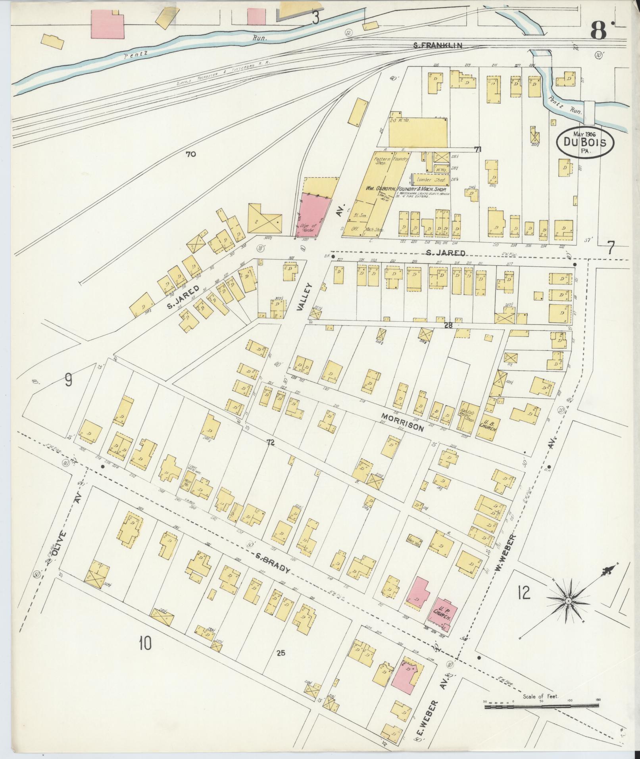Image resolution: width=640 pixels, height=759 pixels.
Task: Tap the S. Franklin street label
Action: pyautogui.click(x=437, y=46)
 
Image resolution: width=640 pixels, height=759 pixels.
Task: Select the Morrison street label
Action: pyautogui.click(x=402, y=422)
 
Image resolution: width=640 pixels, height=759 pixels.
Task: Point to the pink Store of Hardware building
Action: pyautogui.click(x=313, y=216)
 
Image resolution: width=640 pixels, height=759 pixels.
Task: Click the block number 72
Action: pyautogui.click(x=271, y=444)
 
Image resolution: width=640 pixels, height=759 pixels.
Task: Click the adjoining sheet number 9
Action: pyautogui.click(x=68, y=381)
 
